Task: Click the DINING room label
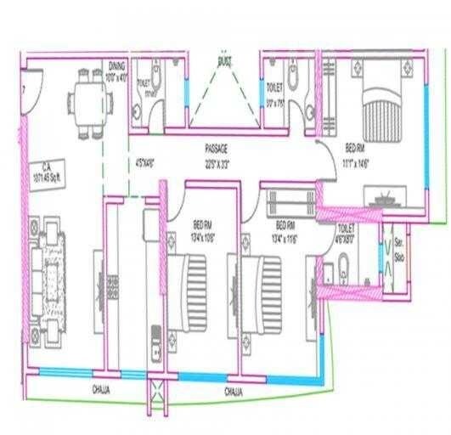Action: pyautogui.click(x=117, y=65)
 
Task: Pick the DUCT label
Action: pyautogui.click(x=225, y=62)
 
